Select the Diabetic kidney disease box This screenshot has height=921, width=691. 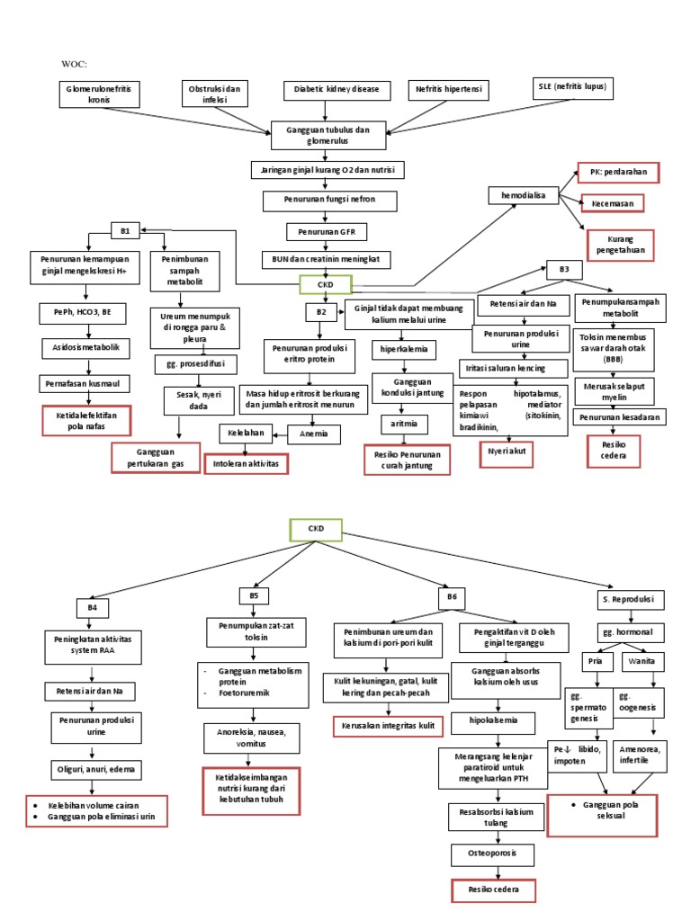tap(337, 90)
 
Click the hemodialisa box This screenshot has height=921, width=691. tap(523, 195)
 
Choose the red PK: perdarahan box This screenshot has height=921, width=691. tap(618, 172)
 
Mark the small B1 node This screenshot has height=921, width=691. tap(125, 231)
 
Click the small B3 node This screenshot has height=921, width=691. tap(564, 269)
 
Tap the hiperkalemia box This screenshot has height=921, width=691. tap(403, 347)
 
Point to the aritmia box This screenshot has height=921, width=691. tap(404, 422)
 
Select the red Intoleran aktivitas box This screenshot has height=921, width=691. tap(246, 463)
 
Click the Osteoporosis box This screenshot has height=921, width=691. tap(491, 854)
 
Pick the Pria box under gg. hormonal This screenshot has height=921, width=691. tap(595, 661)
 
